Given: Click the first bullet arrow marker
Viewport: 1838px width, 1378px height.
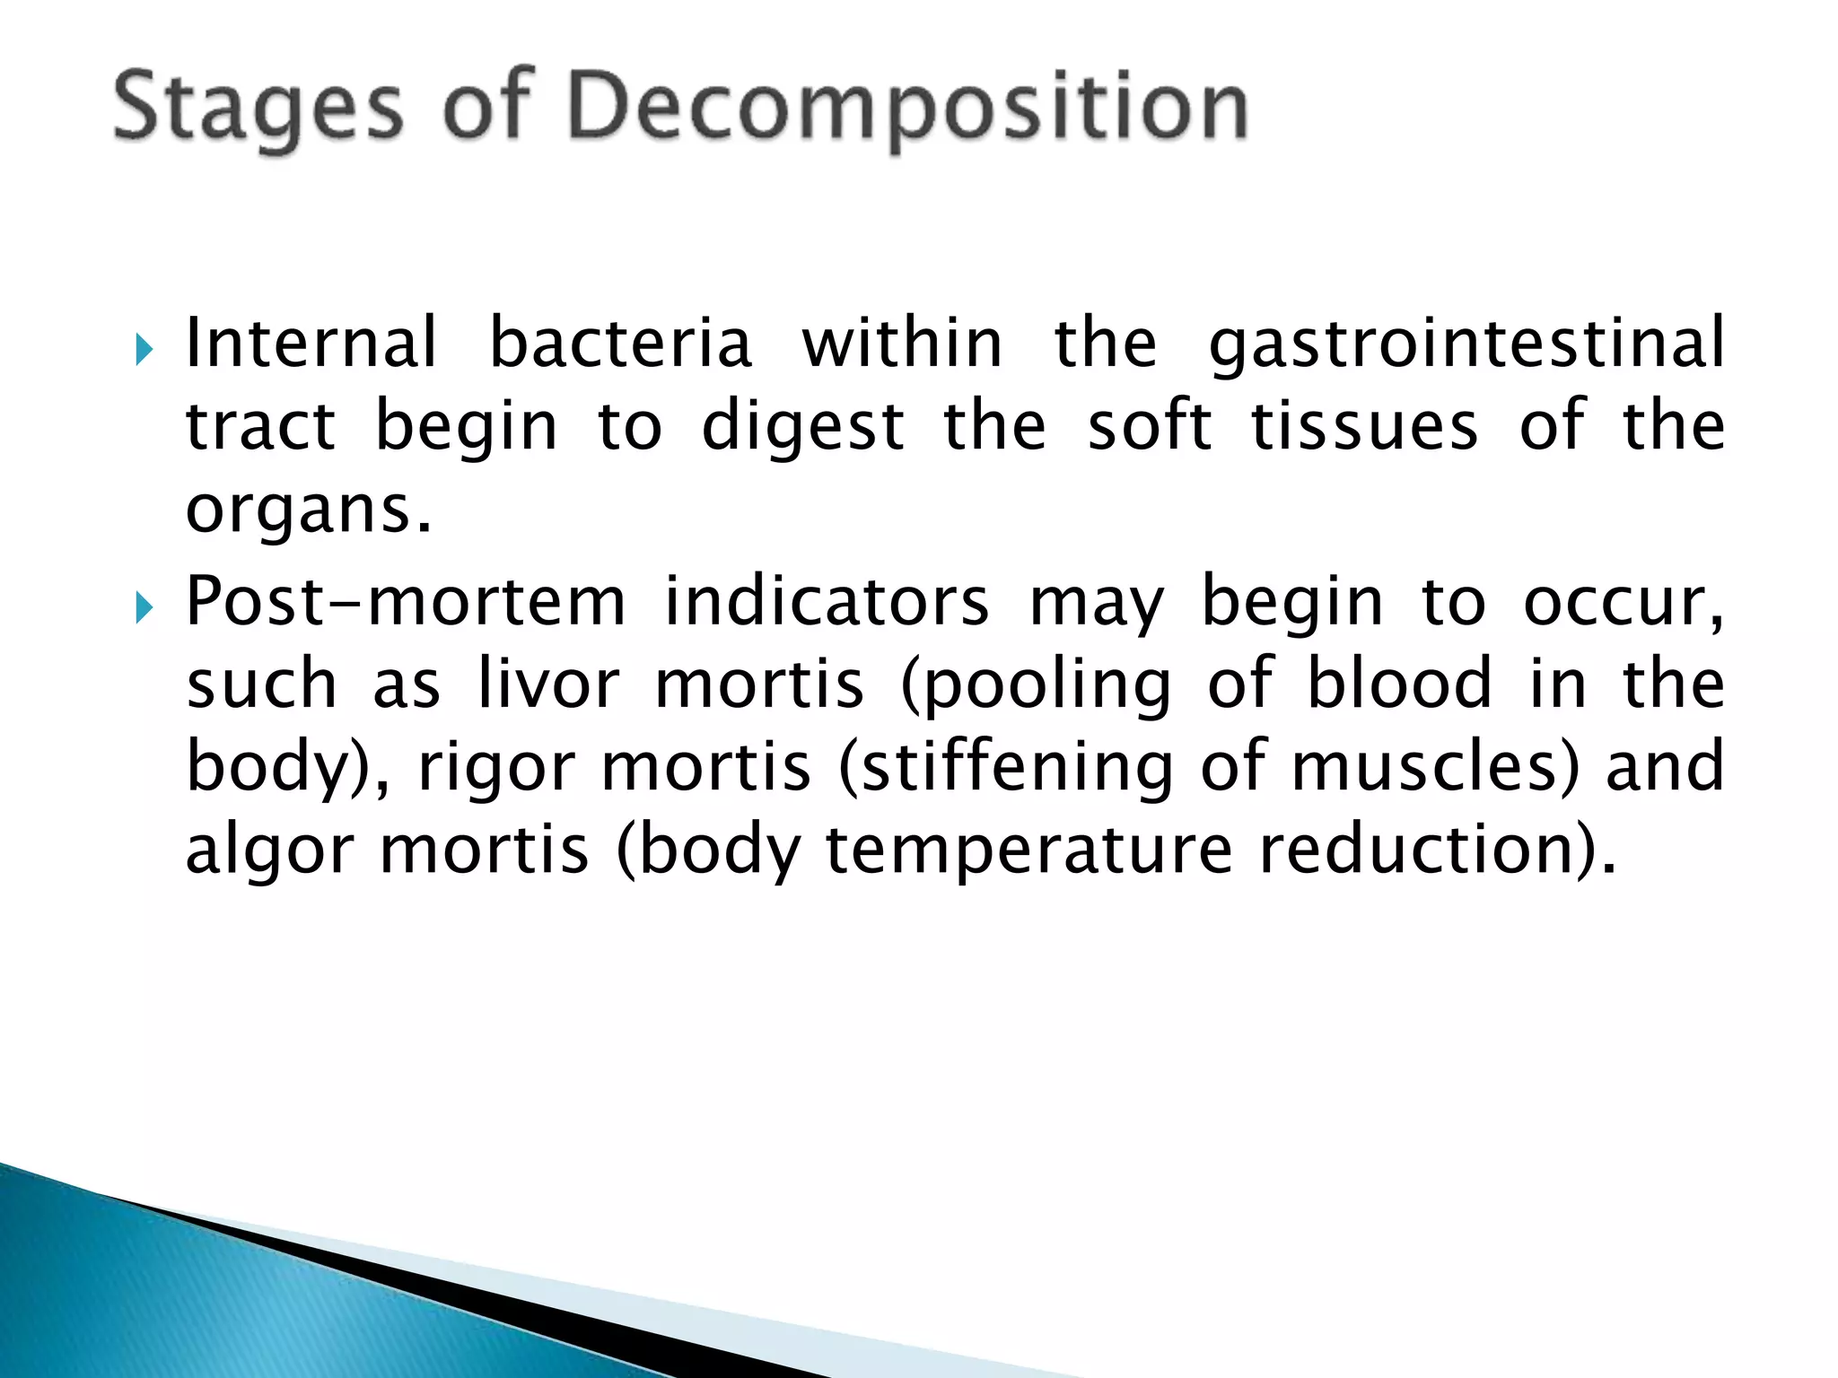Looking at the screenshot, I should pos(144,350).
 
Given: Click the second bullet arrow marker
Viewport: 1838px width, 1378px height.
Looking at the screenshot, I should pos(144,608).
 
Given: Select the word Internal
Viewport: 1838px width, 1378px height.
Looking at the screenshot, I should pos(311,344).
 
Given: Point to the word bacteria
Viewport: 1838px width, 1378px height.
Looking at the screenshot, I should pos(619,344).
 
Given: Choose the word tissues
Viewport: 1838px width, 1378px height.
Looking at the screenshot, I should pos(1364,426).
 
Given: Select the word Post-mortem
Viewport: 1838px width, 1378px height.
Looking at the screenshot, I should pos(405,602).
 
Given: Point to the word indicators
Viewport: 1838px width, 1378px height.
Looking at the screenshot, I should pos(827,602).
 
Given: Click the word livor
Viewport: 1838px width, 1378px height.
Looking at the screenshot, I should pos(548,685).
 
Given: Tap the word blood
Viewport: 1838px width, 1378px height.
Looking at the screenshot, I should pos(1398,685).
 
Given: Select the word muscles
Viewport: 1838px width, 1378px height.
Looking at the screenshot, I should pos(1434,768).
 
